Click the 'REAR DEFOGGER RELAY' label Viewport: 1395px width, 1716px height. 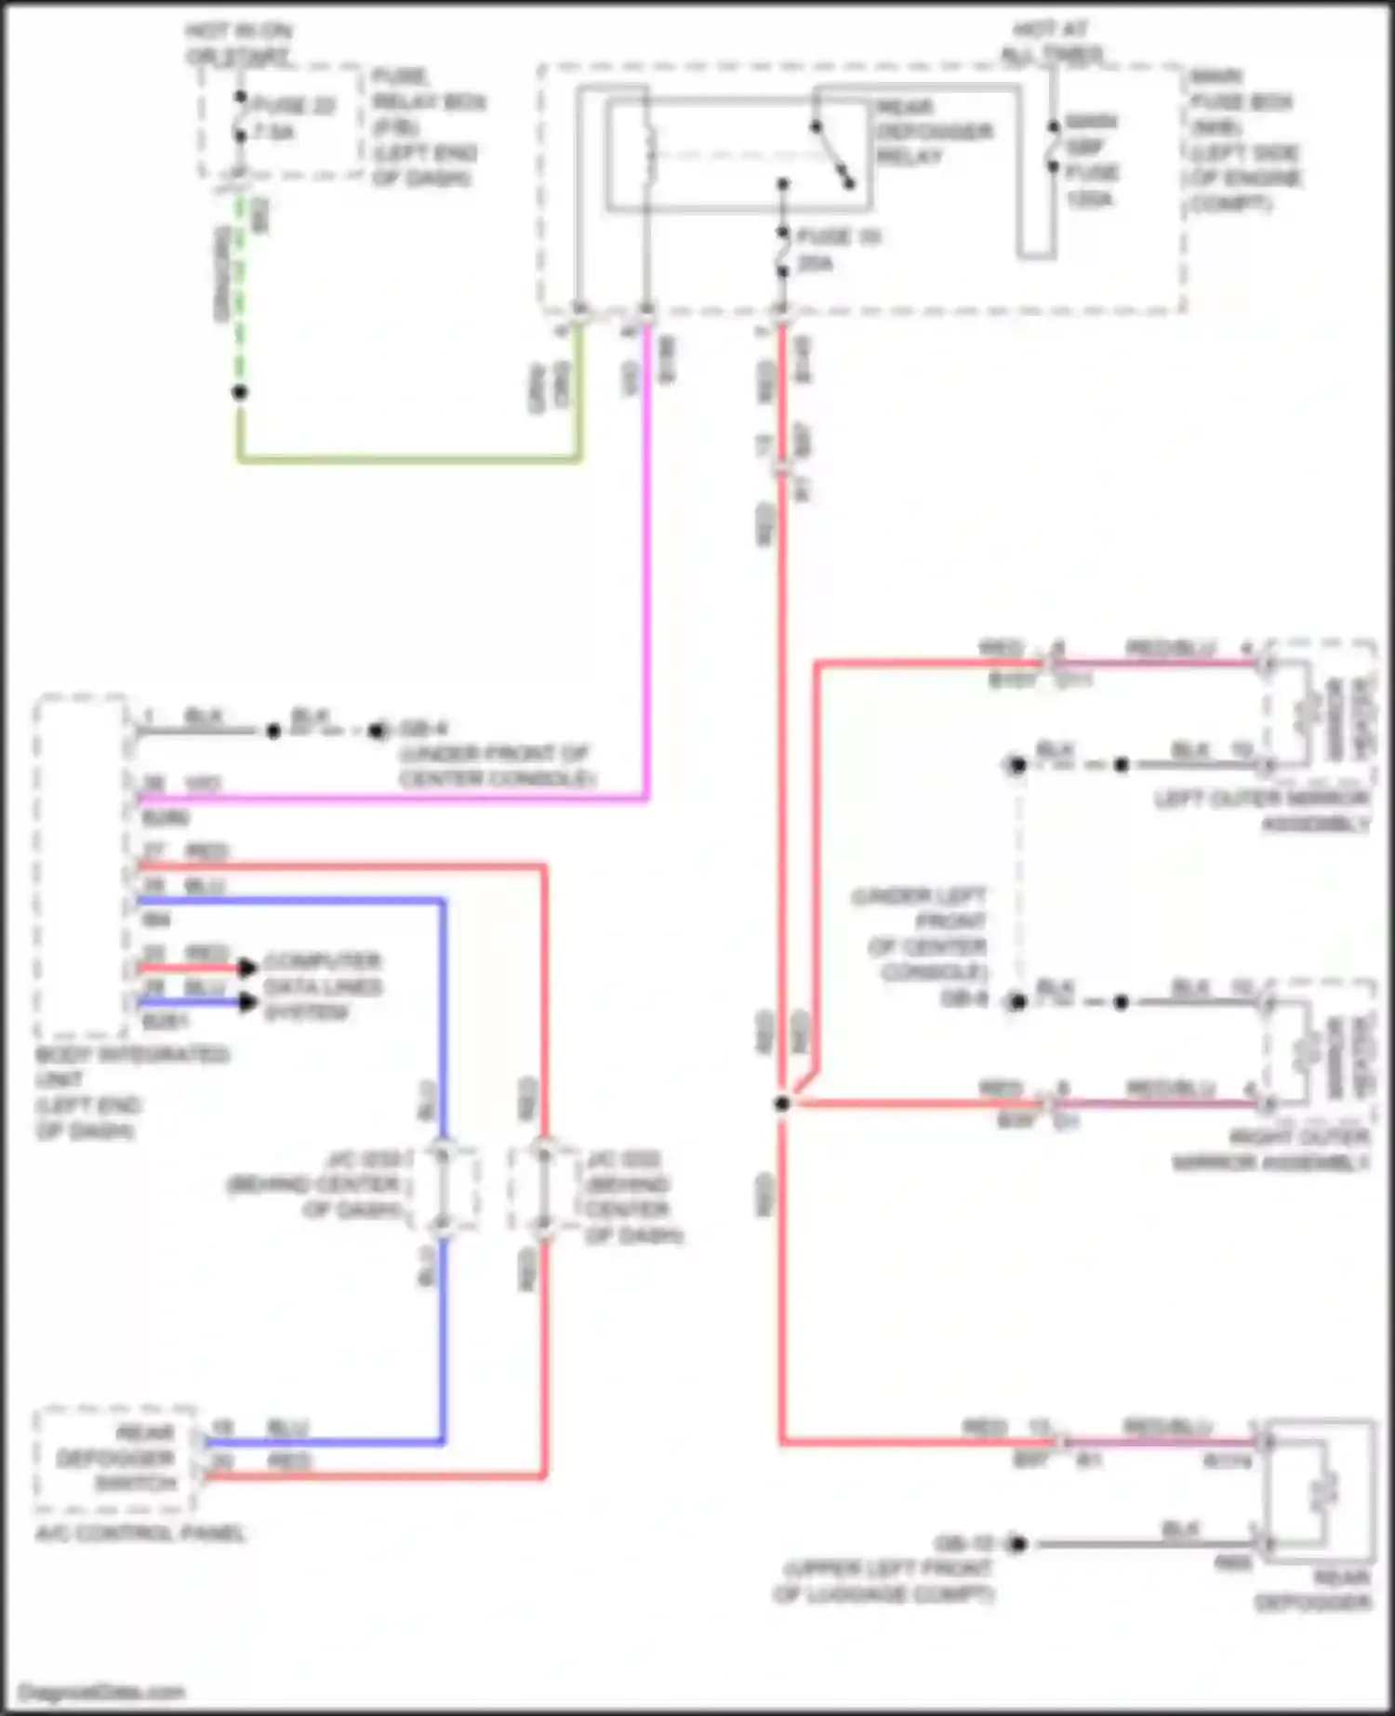coord(933,132)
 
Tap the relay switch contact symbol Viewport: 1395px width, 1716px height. coord(832,153)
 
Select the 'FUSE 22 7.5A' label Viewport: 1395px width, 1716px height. coord(294,119)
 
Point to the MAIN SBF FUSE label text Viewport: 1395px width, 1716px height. coord(1092,160)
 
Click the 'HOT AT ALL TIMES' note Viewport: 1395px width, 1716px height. coord(1051,42)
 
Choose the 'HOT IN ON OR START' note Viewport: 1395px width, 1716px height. coord(238,44)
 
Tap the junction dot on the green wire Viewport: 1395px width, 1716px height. coord(240,392)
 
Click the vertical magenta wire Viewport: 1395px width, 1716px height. coord(646,558)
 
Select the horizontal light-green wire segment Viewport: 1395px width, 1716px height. coord(409,458)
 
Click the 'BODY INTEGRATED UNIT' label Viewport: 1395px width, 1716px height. coord(130,1092)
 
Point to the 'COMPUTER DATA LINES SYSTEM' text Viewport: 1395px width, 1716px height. coord(322,986)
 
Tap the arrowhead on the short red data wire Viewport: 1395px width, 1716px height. coord(247,968)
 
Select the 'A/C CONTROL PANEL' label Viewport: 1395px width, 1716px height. coord(139,1533)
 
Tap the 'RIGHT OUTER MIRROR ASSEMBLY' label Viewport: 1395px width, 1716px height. coord(1269,1150)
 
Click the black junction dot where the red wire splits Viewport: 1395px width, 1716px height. coord(782,1103)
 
